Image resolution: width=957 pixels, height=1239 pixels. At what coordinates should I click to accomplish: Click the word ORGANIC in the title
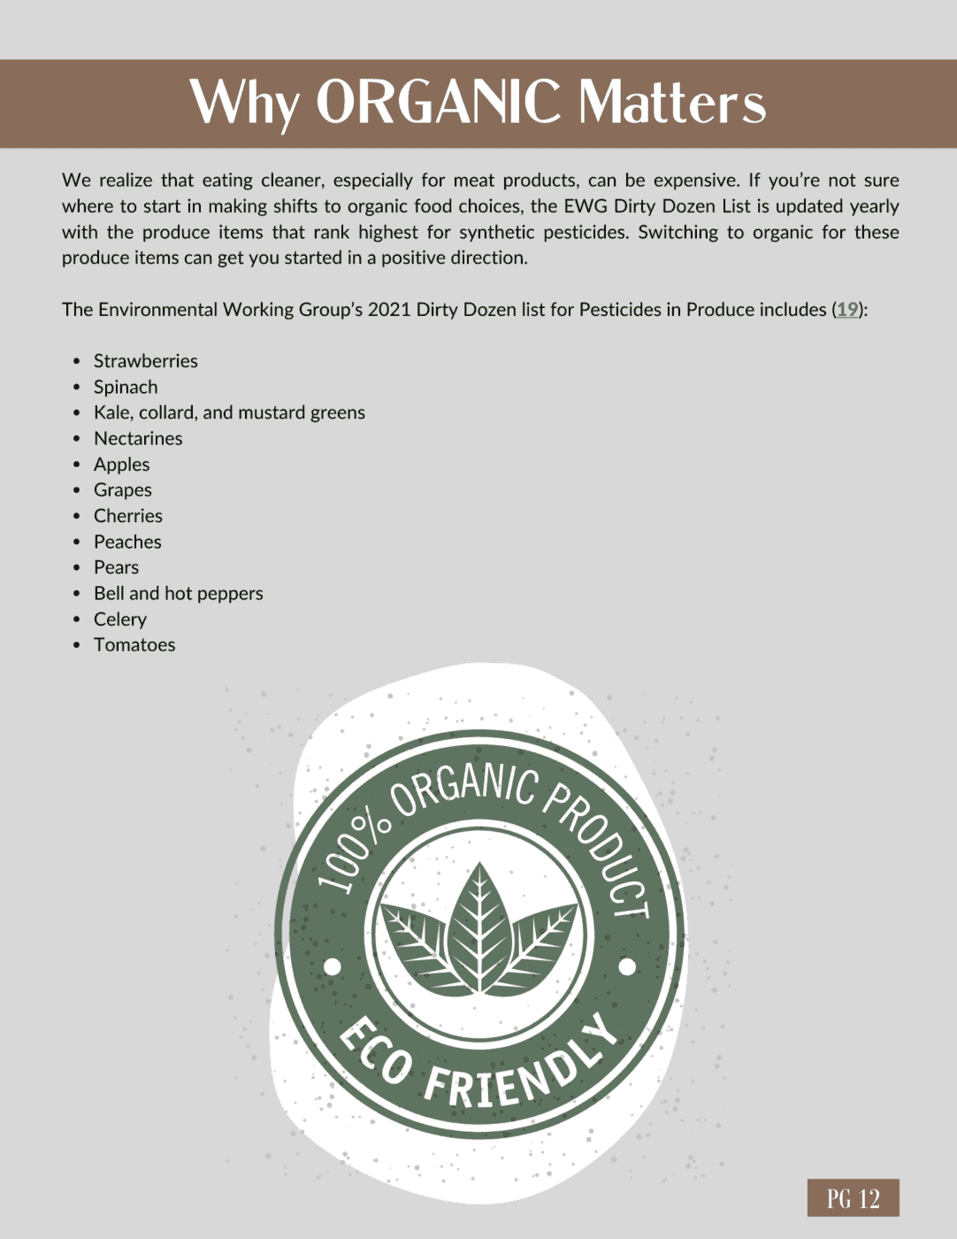[438, 102]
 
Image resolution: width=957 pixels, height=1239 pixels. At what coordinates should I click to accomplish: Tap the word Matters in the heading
[672, 104]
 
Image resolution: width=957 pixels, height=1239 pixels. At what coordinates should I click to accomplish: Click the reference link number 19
[847, 310]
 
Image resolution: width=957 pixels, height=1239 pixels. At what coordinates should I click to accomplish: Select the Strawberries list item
[146, 361]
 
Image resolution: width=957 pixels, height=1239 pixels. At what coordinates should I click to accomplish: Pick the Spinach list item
[126, 387]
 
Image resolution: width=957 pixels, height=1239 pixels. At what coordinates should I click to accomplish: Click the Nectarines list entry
[138, 439]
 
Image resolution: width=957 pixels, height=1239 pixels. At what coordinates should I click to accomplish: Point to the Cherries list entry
[128, 516]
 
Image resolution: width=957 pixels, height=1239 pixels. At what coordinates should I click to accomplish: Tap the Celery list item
[120, 619]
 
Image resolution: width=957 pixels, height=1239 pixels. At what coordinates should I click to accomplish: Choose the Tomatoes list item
[134, 645]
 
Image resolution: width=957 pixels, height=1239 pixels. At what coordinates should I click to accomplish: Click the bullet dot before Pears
[77, 567]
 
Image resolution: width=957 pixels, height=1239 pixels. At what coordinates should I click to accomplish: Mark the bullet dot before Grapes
[77, 490]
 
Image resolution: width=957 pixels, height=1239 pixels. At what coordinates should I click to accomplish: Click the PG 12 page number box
[853, 1198]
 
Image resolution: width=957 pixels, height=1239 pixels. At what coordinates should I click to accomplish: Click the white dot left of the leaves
[333, 966]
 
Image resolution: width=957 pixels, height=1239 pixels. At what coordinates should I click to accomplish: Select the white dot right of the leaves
[627, 966]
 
